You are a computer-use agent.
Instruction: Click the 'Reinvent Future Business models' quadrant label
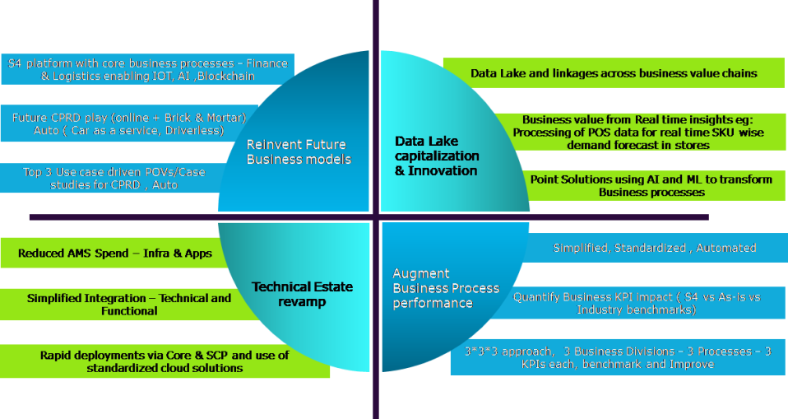coord(299,151)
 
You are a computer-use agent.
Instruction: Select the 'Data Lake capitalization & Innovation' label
coord(436,156)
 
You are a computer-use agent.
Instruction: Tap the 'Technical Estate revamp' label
coord(302,294)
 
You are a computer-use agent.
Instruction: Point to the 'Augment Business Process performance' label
coord(446,288)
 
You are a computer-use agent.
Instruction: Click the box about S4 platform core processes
coord(147,69)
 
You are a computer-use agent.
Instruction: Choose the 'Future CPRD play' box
coord(127,124)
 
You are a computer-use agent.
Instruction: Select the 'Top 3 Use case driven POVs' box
coord(107,178)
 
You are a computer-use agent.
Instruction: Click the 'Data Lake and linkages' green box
coord(614,73)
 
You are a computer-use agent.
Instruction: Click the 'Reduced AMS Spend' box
coord(114,254)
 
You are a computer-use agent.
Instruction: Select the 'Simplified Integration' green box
coord(128,305)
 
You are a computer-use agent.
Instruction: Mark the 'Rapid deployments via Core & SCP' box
coord(164,361)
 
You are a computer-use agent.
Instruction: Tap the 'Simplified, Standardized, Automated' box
coord(654,248)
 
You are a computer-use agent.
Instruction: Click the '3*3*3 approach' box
coord(617,357)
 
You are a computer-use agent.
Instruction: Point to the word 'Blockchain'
coord(225,76)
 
